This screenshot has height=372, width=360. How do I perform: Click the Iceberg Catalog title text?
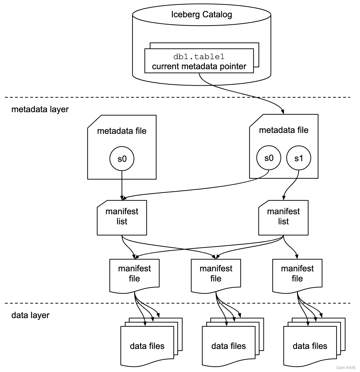(201, 14)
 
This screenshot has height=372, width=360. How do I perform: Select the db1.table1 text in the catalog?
(199, 57)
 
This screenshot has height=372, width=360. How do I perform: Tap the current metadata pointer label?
(199, 66)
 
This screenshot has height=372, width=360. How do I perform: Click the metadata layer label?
(40, 109)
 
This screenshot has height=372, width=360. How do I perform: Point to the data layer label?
(30, 315)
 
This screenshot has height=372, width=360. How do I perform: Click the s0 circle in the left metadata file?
(122, 159)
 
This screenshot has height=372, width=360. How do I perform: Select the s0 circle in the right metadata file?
(269, 158)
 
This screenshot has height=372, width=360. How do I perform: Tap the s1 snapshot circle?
(299, 158)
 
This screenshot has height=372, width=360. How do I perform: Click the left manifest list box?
(122, 218)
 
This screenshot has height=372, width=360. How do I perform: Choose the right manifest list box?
(283, 218)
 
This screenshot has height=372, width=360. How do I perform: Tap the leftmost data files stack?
(147, 345)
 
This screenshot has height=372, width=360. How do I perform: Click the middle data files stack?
(228, 345)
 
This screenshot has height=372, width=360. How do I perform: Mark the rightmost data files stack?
(310, 345)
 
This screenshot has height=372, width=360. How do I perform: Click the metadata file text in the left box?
(122, 131)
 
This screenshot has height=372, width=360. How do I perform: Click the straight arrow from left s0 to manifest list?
(122, 185)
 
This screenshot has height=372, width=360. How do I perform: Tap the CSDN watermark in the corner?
(346, 368)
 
